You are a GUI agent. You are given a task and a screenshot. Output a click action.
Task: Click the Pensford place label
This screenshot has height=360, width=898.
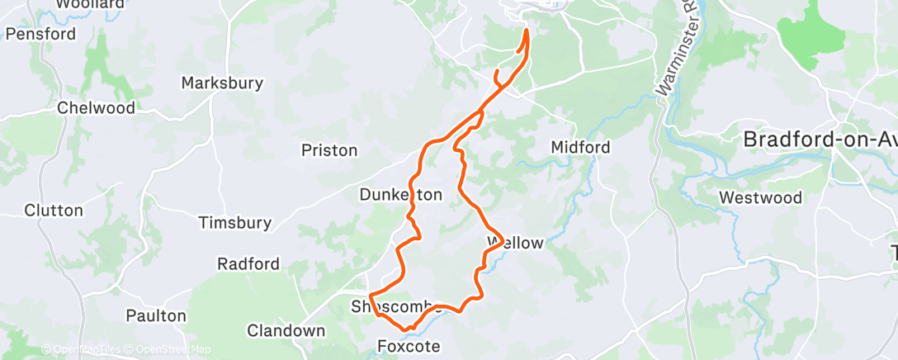[40, 34]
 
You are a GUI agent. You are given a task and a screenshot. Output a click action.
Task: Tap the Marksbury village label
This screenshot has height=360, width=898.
[222, 83]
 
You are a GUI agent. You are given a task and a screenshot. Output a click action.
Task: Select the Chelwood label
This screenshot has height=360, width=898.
[96, 108]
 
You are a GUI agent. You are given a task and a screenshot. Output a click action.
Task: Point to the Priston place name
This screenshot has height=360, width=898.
[329, 150]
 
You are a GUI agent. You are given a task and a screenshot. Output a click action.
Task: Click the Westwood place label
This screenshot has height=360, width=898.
[760, 197]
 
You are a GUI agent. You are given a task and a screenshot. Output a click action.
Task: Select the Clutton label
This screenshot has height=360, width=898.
[54, 210]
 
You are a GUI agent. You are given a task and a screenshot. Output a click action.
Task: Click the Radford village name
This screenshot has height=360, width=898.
[248, 264]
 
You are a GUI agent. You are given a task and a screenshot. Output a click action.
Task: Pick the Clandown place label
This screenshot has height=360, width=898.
[286, 330]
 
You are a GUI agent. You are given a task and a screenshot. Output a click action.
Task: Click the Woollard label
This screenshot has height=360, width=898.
[90, 4]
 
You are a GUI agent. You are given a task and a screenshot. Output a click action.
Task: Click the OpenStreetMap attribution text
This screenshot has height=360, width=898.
[171, 349]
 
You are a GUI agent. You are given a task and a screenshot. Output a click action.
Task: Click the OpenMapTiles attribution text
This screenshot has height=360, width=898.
[79, 349]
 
